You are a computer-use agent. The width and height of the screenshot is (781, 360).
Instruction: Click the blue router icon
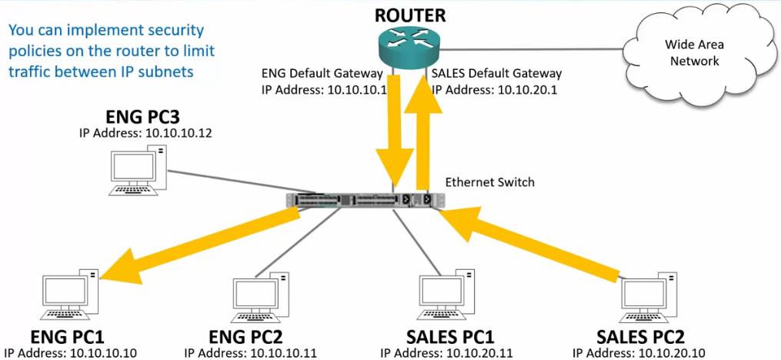point(410,47)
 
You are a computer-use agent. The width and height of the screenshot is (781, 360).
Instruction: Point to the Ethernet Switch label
point(489,182)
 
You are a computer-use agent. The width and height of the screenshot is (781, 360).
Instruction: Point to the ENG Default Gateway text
point(322,74)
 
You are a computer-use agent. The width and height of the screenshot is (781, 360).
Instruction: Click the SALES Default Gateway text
point(496,74)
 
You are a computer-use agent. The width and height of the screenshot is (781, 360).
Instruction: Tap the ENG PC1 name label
point(67,336)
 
